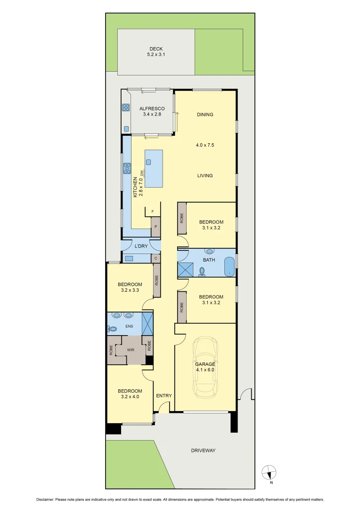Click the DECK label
(x=155, y=49)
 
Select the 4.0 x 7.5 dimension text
(x=205, y=145)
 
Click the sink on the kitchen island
(x=148, y=162)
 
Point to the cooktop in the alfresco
(x=126, y=107)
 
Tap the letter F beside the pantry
(x=153, y=212)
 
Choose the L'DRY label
(x=141, y=246)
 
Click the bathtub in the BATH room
(x=229, y=266)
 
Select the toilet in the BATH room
(x=202, y=271)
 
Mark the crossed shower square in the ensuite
(x=147, y=324)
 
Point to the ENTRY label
(x=164, y=395)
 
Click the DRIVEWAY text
(x=203, y=451)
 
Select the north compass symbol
(x=269, y=472)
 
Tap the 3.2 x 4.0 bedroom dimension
(x=130, y=397)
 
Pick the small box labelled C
(x=155, y=258)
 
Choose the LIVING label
(x=205, y=176)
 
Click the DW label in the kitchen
(x=141, y=173)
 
